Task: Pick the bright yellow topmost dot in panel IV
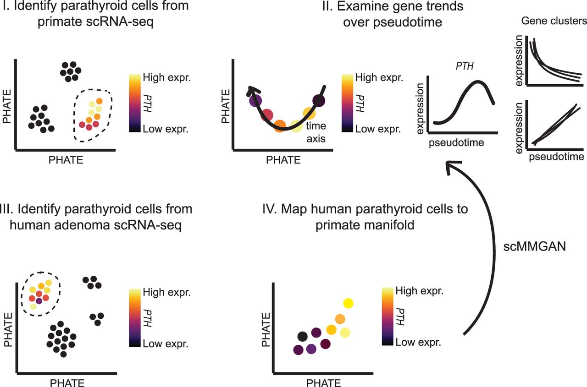click(349, 303)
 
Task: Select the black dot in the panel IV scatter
click(302, 337)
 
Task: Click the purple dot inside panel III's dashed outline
click(39, 301)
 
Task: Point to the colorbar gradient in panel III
click(135, 317)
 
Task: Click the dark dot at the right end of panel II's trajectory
click(319, 101)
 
